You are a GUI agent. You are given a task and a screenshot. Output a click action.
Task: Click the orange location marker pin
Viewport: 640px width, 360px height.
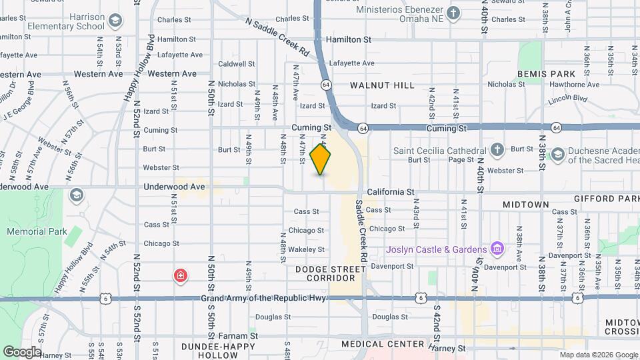[321, 159]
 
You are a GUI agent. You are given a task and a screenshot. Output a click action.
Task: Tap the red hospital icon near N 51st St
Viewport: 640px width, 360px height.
[180, 275]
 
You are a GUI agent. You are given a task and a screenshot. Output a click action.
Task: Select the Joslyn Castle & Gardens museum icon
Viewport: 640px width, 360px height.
[497, 249]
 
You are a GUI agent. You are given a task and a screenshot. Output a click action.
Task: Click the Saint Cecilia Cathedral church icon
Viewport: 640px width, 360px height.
[497, 150]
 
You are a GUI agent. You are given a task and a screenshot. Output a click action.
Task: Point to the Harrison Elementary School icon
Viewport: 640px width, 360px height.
[115, 21]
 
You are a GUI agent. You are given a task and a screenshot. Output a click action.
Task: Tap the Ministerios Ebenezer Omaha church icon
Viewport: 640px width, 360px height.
[453, 13]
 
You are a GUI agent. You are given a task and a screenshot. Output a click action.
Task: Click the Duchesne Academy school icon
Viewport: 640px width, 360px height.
[557, 155]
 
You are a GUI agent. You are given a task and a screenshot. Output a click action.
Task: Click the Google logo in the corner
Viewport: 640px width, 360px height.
[21, 351]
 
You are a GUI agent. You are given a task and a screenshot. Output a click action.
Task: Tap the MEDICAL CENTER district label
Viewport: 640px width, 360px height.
[383, 344]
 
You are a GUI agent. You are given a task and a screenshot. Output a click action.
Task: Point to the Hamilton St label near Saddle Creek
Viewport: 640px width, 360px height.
[348, 40]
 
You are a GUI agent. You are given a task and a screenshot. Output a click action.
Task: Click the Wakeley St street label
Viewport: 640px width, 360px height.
[307, 249]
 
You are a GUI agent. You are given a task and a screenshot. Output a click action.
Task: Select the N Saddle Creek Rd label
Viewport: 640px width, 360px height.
[277, 37]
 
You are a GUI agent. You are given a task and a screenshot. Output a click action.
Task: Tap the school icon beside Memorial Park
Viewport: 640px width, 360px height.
[76, 195]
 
